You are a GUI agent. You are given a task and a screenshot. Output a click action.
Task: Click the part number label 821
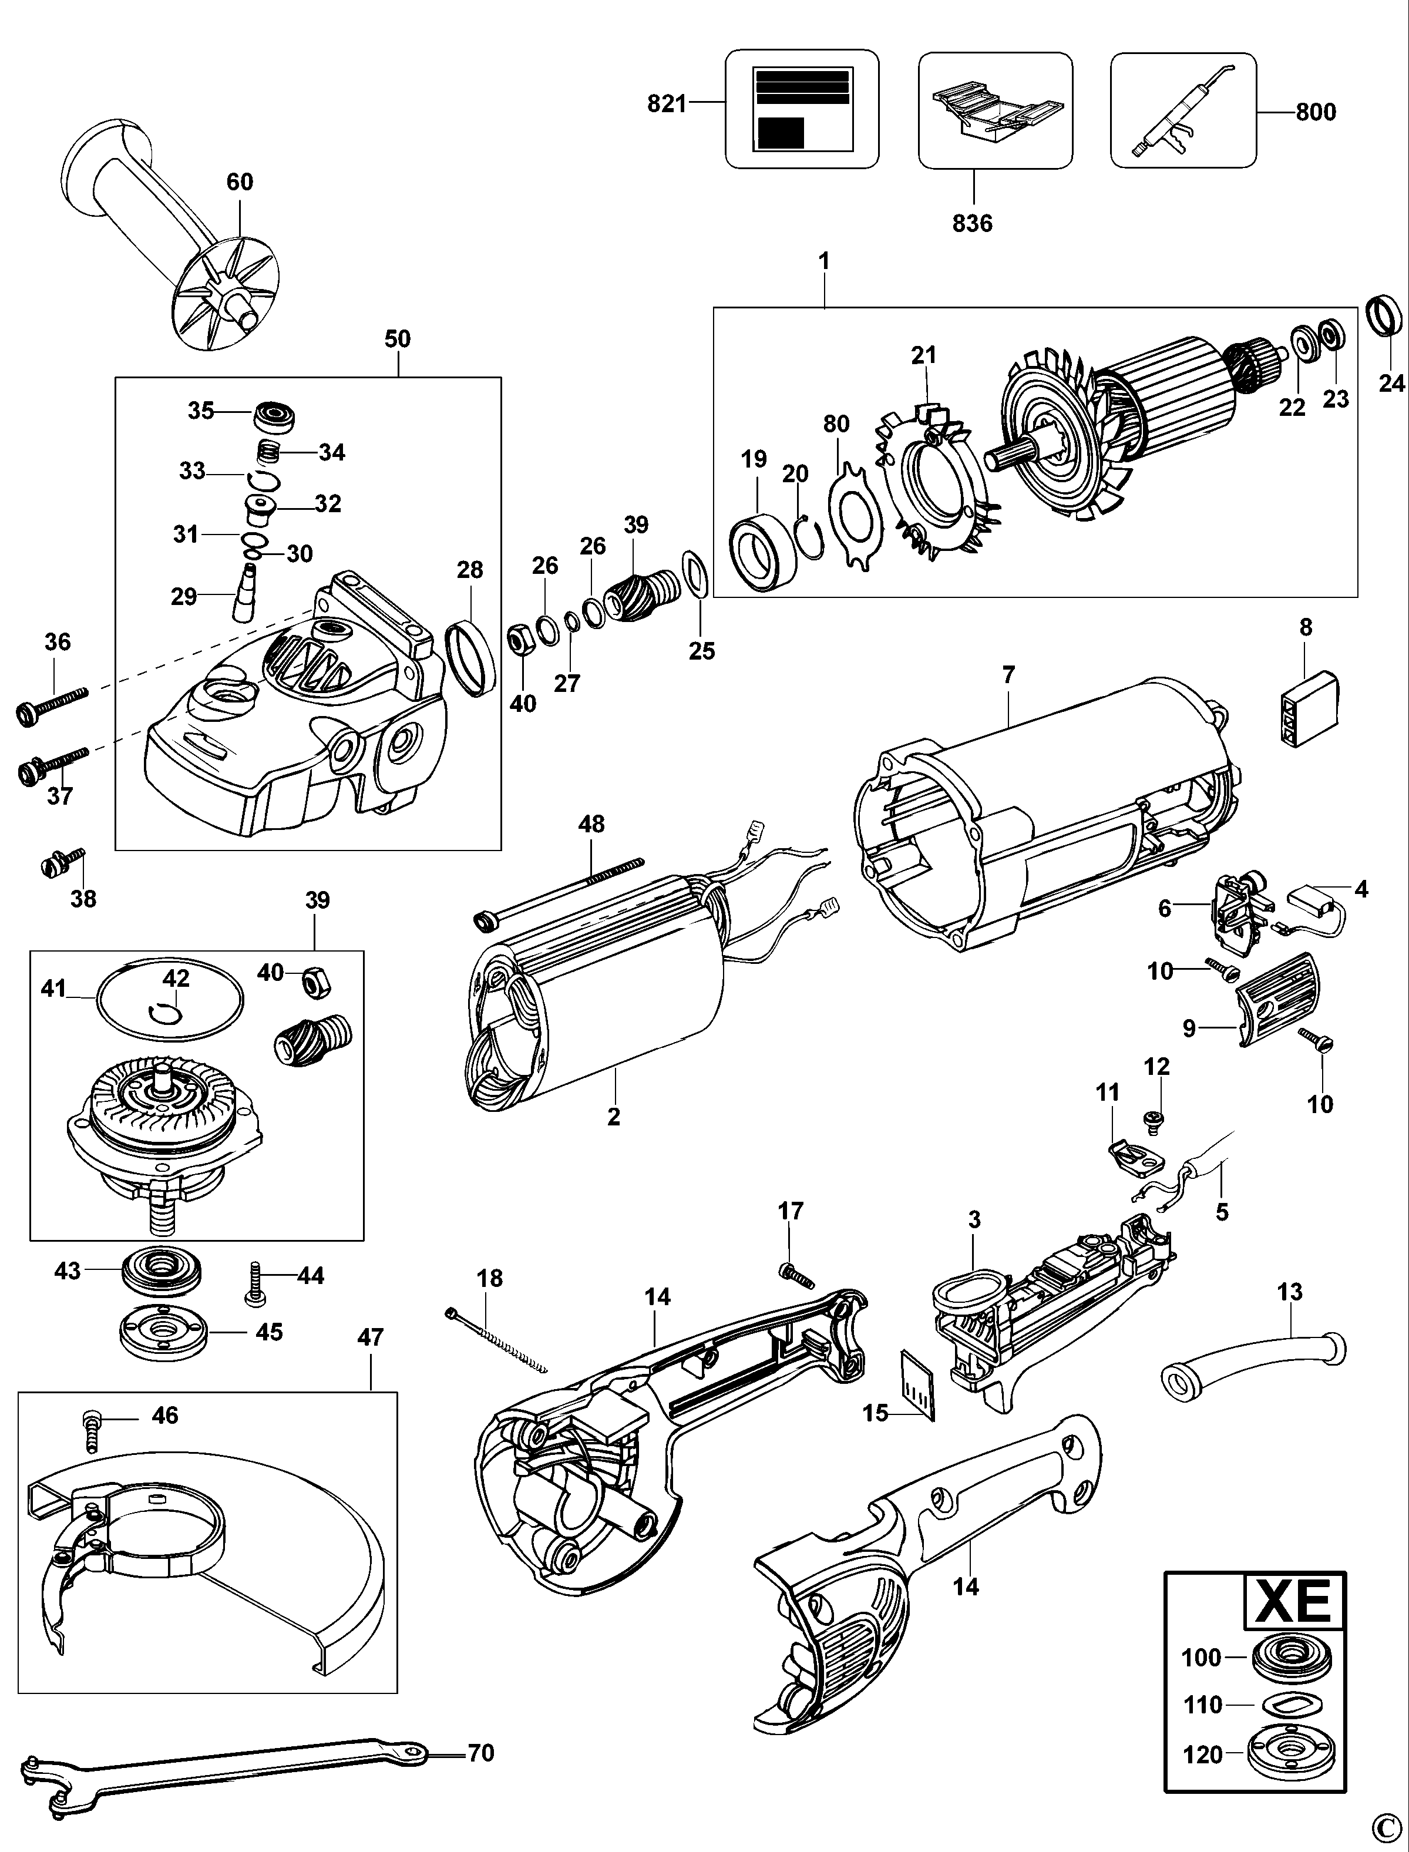(667, 104)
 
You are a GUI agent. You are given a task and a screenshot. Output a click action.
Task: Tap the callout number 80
(836, 423)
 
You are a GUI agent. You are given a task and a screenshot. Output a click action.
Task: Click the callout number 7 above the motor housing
(1008, 674)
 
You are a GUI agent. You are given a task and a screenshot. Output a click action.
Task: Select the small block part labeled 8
(1309, 719)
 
